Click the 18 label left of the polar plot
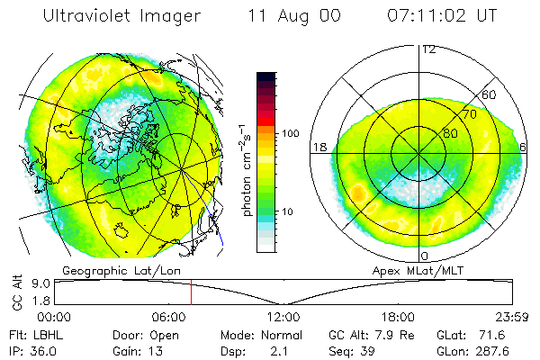(x=319, y=147)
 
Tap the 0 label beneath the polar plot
(x=424, y=256)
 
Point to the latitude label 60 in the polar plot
(x=490, y=94)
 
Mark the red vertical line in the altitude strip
(x=191, y=292)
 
